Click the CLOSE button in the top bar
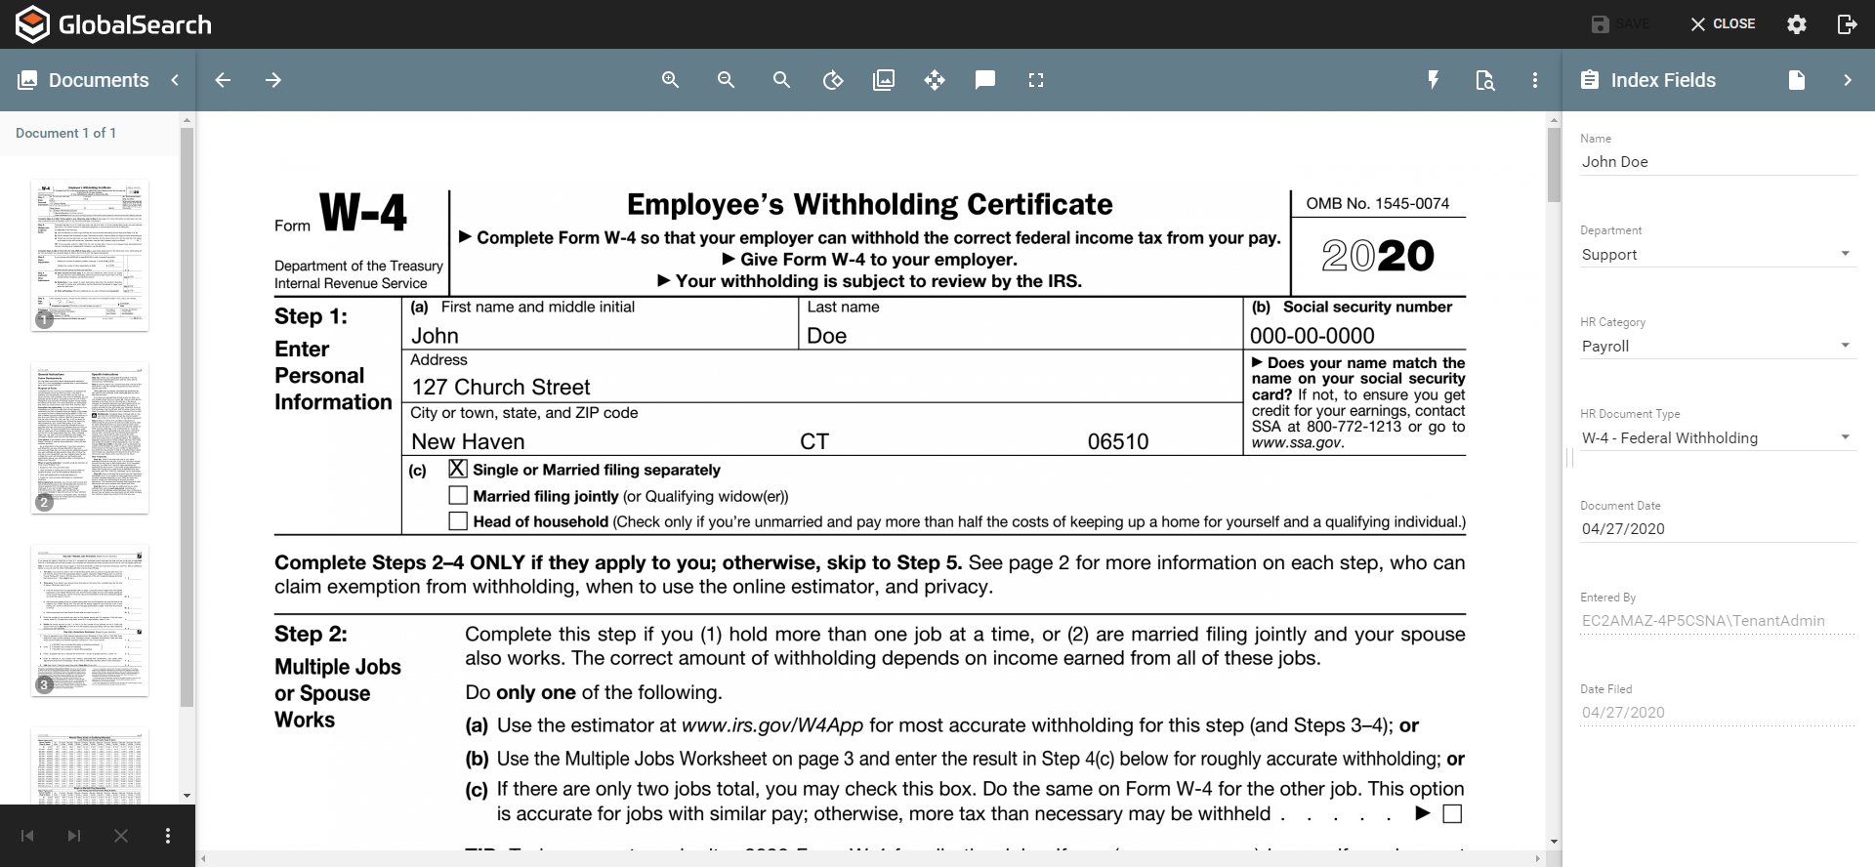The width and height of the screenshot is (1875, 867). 1723,23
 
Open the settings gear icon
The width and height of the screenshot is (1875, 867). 1796,24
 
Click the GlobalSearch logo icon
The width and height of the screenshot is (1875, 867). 32,24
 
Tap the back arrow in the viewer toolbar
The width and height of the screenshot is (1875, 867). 223,80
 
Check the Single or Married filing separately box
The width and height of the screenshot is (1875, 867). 458,469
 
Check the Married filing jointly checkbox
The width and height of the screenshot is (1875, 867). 458,495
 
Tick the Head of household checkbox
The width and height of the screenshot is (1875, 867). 458,521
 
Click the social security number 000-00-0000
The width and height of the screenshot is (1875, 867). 1312,336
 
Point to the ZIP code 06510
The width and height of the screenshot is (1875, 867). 1118,441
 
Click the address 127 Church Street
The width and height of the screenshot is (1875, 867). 501,388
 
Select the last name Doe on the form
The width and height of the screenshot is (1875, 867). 826,336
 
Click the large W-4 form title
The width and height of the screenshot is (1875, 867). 363,212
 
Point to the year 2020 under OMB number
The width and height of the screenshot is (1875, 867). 1377,256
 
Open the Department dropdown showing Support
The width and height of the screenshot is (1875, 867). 1716,254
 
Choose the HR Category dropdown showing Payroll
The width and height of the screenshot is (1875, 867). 1716,346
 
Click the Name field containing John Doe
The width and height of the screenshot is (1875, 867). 1716,162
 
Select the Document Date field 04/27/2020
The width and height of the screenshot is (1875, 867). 1716,529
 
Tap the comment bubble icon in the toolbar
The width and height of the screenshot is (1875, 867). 985,80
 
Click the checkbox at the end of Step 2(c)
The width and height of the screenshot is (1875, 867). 1452,814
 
